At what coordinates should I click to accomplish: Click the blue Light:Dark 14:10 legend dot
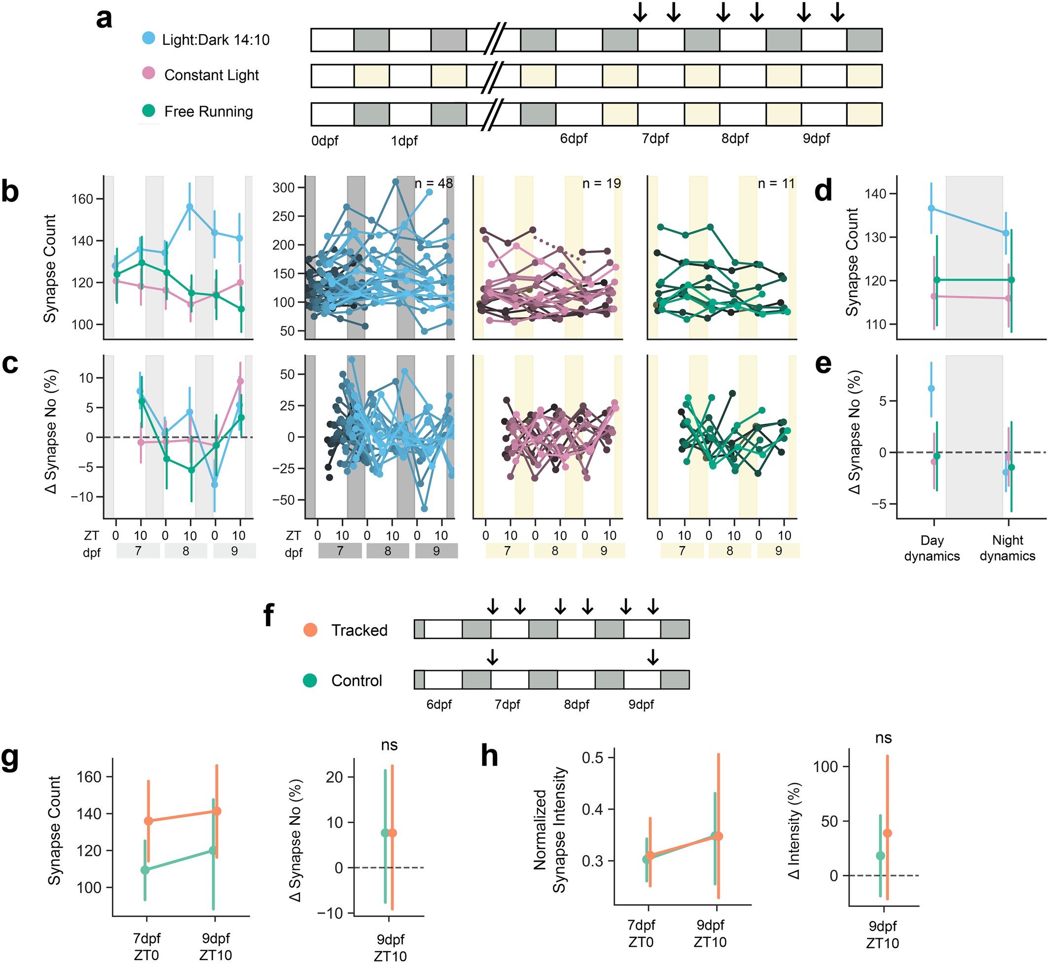[148, 38]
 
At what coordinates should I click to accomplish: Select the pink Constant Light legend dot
[148, 73]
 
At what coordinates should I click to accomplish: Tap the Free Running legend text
[208, 111]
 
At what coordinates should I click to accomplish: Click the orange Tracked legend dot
[310, 630]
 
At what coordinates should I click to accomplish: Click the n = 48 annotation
[434, 184]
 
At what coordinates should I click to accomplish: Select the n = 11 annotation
[776, 184]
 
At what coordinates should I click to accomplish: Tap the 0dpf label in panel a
[325, 141]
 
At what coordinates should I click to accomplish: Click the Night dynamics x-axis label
[1008, 548]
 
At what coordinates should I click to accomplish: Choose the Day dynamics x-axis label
[932, 548]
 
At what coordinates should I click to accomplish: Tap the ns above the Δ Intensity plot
[883, 738]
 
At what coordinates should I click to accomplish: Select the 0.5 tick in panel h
[593, 757]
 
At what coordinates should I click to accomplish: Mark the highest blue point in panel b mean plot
[189, 207]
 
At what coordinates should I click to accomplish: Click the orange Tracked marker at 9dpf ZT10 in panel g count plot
[217, 812]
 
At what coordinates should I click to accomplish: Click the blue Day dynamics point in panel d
[931, 209]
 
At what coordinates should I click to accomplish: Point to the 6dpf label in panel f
[439, 704]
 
